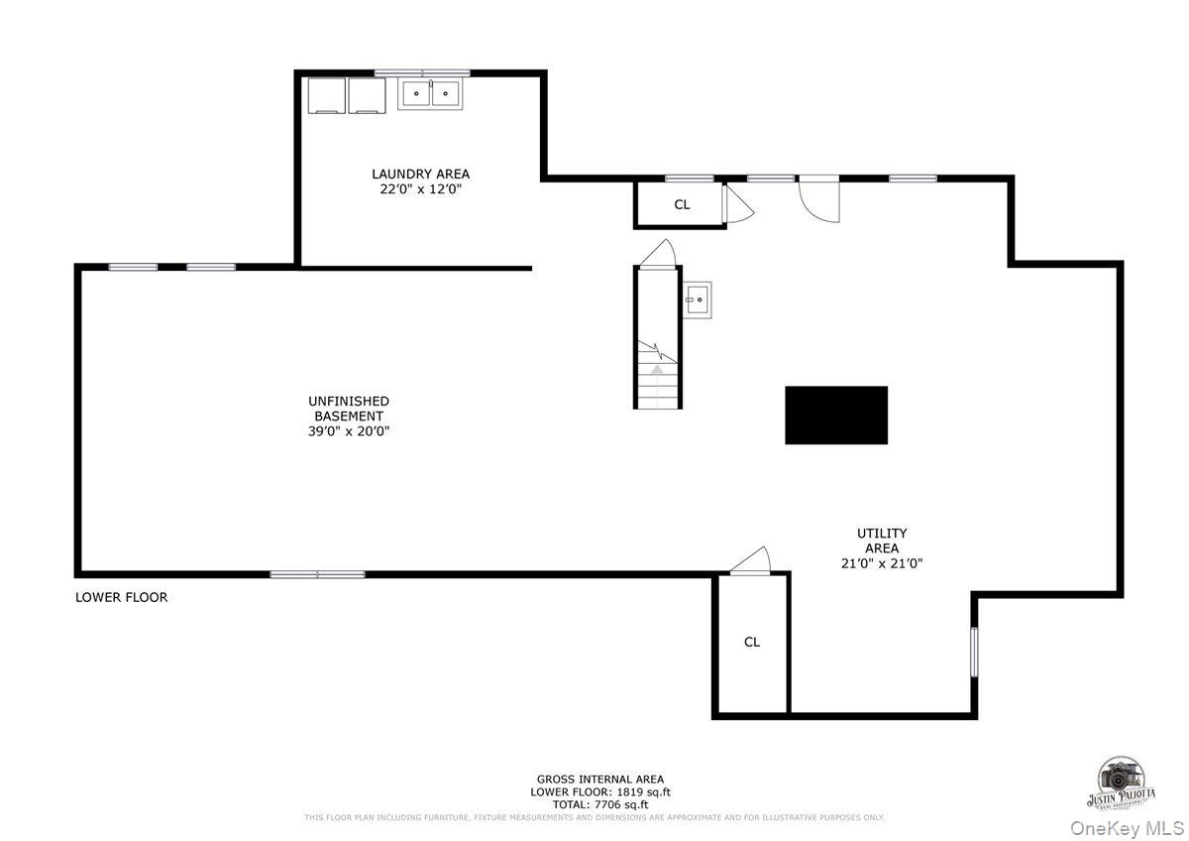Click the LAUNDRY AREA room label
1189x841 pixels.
[420, 174]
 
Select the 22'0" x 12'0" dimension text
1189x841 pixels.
[420, 189]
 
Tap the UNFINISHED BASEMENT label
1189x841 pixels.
[349, 409]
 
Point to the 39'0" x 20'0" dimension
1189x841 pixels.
[349, 431]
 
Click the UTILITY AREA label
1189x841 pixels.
[882, 541]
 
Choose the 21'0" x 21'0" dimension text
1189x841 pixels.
[882, 563]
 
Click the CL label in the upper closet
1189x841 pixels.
[682, 205]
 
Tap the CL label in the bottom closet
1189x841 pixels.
[752, 642]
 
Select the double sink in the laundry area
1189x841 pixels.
[430, 94]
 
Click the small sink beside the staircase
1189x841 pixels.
[697, 300]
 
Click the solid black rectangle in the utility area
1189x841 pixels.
[836, 416]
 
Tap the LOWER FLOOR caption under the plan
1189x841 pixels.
[122, 597]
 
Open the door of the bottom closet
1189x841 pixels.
[752, 561]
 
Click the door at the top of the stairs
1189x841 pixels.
[658, 254]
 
